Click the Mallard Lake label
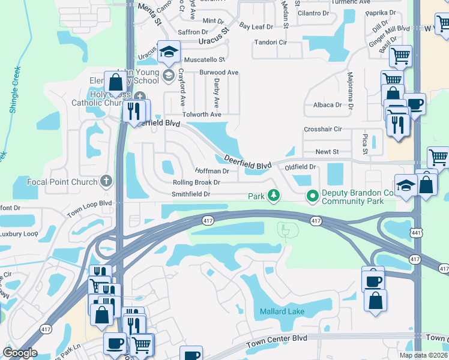pos(282,311)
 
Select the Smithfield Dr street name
pos(191,194)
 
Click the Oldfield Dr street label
pos(300,167)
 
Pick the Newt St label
pos(327,152)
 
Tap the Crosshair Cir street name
pos(322,129)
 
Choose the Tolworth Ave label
pos(202,115)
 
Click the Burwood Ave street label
pos(219,73)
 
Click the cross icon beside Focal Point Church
pos(106,181)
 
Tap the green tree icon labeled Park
pos(274,196)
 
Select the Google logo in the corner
pos(20,353)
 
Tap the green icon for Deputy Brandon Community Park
pos(312,196)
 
